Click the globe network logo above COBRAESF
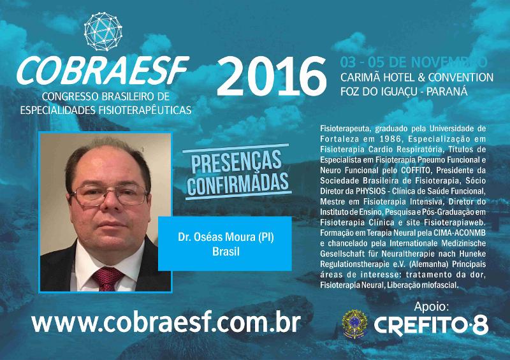(103, 32)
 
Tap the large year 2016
(272, 76)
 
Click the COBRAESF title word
(103, 70)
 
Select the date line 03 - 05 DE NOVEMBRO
(414, 62)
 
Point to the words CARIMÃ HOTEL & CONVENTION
(417, 77)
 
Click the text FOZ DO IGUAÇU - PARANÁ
(404, 91)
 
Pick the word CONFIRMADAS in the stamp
(238, 184)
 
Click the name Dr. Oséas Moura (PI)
(226, 237)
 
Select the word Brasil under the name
(226, 252)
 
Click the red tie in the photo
(107, 278)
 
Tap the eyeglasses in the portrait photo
(109, 194)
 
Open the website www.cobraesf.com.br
(166, 322)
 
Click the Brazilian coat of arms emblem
(355, 324)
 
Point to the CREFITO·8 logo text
(431, 326)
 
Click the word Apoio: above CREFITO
(432, 306)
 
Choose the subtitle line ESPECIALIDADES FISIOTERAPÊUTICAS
(106, 110)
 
